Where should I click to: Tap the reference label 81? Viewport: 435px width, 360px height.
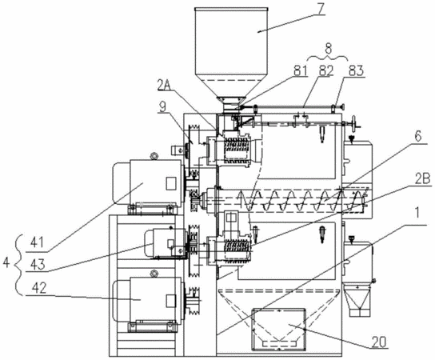pyautogui.click(x=300, y=70)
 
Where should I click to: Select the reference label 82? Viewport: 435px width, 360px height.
pyautogui.click(x=326, y=71)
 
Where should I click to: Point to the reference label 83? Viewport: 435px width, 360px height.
pyautogui.click(x=356, y=71)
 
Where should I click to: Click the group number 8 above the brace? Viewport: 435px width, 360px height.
pyautogui.click(x=328, y=49)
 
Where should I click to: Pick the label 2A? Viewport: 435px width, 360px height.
pyautogui.click(x=164, y=86)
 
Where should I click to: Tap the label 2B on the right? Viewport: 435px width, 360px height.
pyautogui.click(x=423, y=179)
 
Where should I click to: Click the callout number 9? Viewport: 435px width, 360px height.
pyautogui.click(x=164, y=106)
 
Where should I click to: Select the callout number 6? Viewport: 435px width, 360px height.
pyautogui.click(x=418, y=136)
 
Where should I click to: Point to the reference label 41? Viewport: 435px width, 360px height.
pyautogui.click(x=37, y=242)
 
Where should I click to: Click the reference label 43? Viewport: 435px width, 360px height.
pyautogui.click(x=38, y=264)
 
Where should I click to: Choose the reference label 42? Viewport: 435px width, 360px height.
pyautogui.click(x=39, y=288)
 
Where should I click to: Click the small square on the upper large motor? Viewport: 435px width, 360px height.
pyautogui.click(x=170, y=183)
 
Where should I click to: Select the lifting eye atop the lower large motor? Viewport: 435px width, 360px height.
pyautogui.click(x=152, y=274)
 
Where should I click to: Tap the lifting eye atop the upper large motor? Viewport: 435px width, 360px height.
pyautogui.click(x=153, y=156)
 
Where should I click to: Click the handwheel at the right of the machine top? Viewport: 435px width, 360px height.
pyautogui.click(x=353, y=122)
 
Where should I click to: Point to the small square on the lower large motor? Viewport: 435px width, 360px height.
pyautogui.click(x=170, y=301)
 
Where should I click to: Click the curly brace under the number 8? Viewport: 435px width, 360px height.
pyautogui.click(x=328, y=58)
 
